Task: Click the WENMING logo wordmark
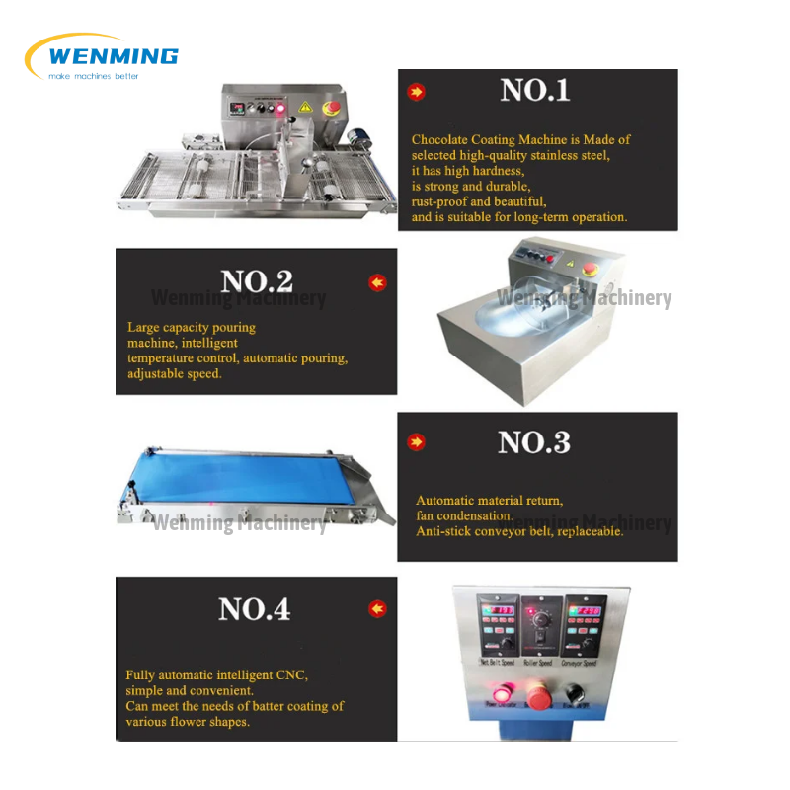pyautogui.click(x=113, y=55)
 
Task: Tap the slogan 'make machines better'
pyautogui.click(x=94, y=76)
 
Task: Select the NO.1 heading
pyautogui.click(x=535, y=91)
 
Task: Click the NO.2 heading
pyautogui.click(x=256, y=281)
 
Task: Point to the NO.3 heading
pyautogui.click(x=534, y=442)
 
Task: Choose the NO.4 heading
pyautogui.click(x=255, y=609)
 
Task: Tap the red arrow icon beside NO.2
pyautogui.click(x=377, y=283)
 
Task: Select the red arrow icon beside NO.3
pyautogui.click(x=417, y=443)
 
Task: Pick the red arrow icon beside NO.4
pyautogui.click(x=377, y=609)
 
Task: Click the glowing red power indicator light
pyautogui.click(x=495, y=702)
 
